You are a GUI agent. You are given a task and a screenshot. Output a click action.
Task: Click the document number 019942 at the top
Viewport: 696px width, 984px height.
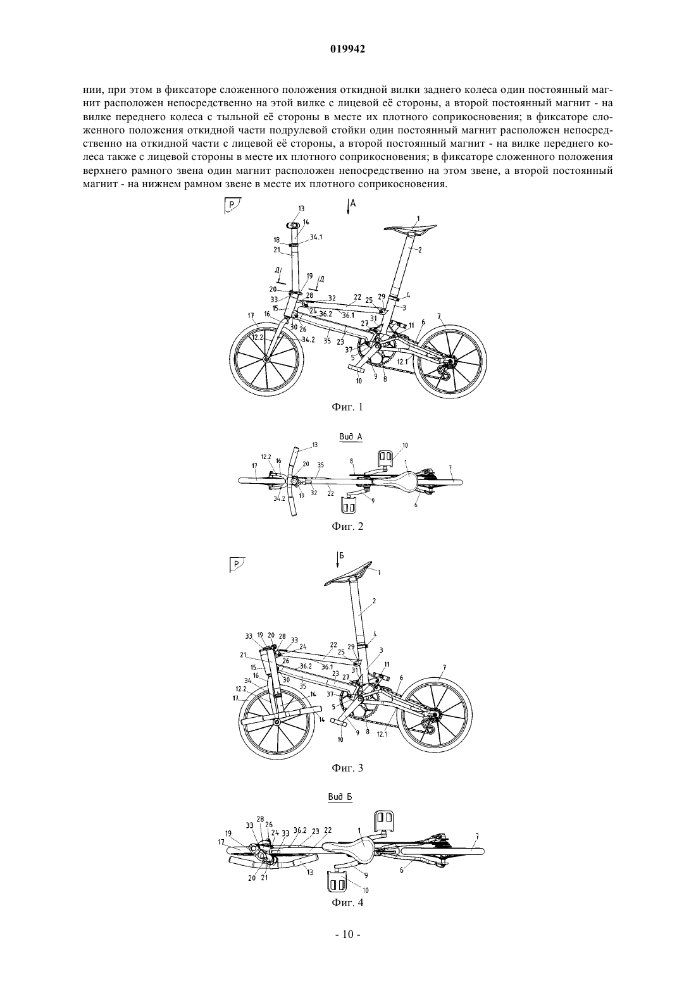click(347, 49)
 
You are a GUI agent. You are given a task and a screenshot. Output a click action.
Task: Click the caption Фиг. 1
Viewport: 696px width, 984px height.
click(347, 407)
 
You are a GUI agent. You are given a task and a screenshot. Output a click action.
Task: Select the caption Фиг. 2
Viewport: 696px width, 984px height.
click(347, 526)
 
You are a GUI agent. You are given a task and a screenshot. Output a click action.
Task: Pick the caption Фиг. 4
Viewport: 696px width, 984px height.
click(347, 902)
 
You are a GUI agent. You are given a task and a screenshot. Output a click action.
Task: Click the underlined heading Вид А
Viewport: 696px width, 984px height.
click(351, 437)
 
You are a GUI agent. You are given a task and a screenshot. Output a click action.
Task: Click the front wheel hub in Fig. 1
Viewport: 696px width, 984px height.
click(266, 359)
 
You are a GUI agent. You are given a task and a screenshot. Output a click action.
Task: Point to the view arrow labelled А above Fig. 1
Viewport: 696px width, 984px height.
click(348, 206)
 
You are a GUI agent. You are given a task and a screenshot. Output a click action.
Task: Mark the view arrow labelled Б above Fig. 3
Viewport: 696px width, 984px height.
click(337, 560)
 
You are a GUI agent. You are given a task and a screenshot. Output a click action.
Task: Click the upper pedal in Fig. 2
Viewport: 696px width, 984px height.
click(385, 457)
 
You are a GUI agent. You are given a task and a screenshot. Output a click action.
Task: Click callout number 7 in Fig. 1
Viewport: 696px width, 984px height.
click(438, 316)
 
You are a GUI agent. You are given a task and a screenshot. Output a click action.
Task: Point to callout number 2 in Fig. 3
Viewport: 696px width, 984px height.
click(374, 600)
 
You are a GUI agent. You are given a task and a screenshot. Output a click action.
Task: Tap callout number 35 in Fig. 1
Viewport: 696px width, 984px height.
click(326, 340)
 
